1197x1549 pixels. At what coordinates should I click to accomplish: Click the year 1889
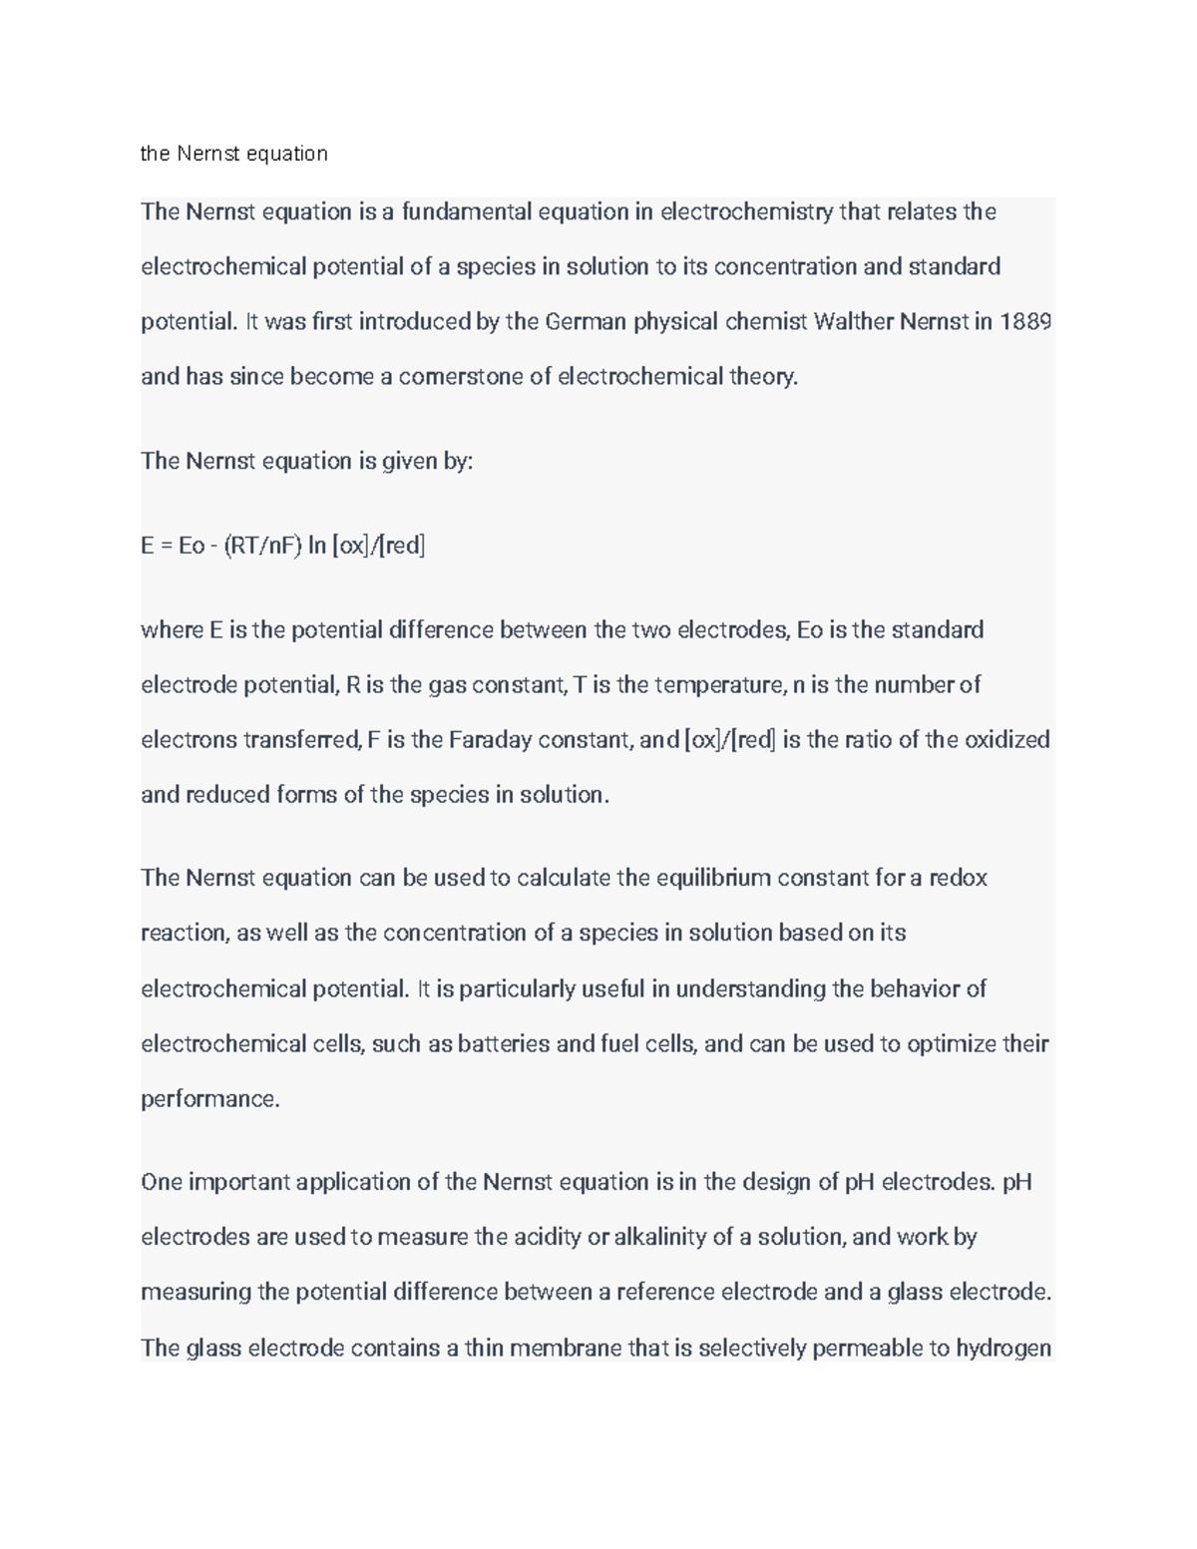pos(1024,322)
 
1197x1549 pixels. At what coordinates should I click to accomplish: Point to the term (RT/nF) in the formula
pos(262,546)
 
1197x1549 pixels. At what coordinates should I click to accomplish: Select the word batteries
pos(504,1044)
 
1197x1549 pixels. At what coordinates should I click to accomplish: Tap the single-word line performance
pos(210,1099)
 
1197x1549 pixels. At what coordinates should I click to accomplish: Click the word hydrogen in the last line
pos(1003,1349)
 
